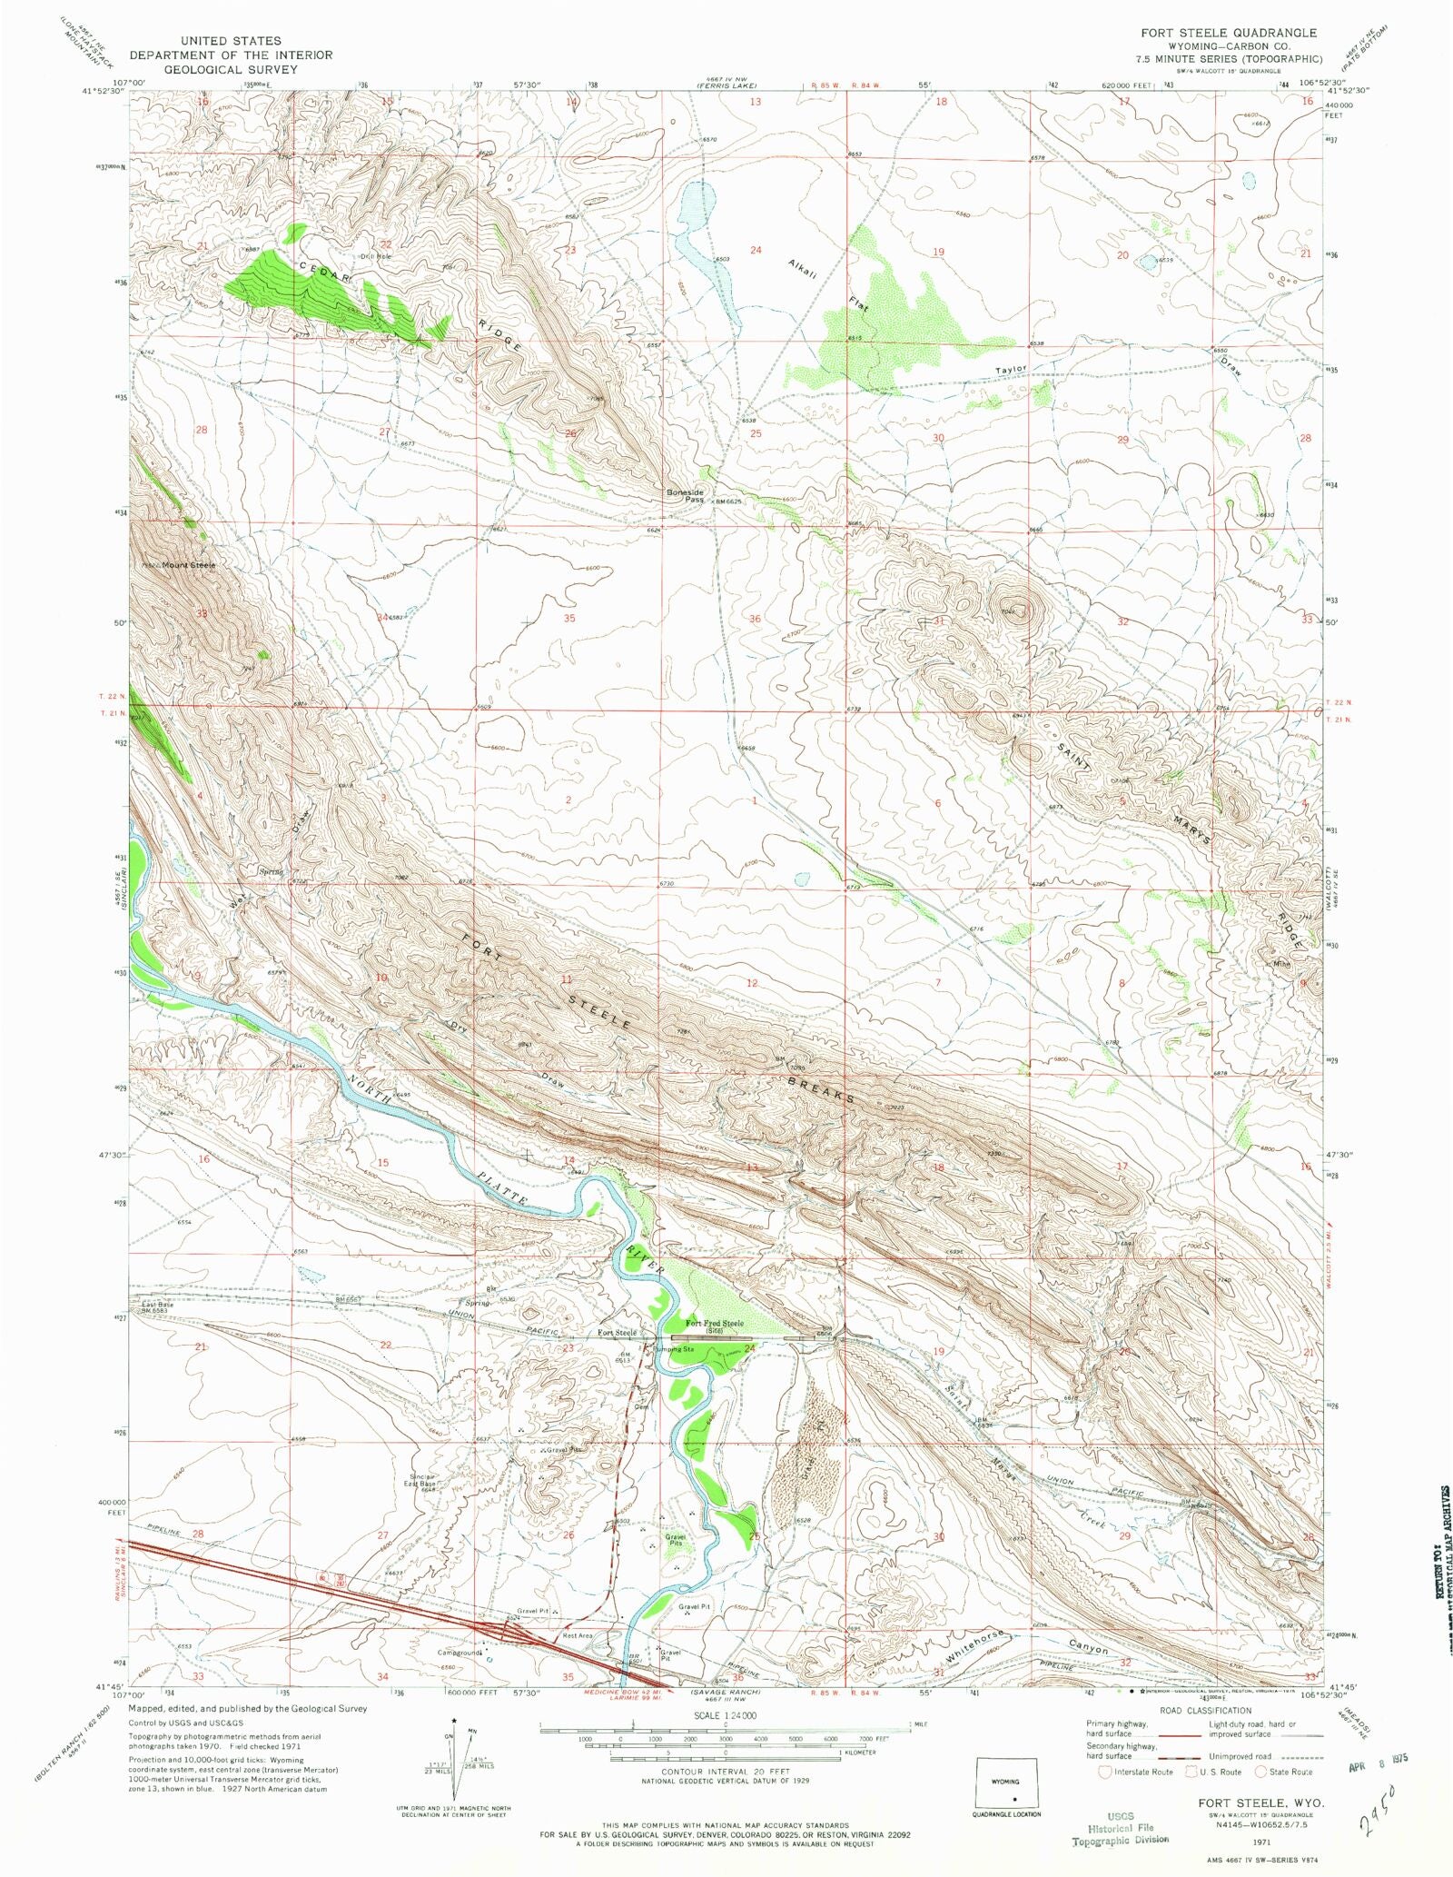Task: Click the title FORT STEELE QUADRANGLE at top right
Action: click(x=1216, y=33)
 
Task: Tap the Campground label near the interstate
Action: click(x=460, y=1653)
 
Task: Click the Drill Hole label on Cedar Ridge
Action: click(x=376, y=256)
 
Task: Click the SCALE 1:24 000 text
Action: click(x=724, y=1715)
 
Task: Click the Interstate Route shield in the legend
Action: click(x=1105, y=1771)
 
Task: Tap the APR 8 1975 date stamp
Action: click(x=1373, y=1759)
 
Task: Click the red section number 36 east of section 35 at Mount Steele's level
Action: click(x=754, y=619)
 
